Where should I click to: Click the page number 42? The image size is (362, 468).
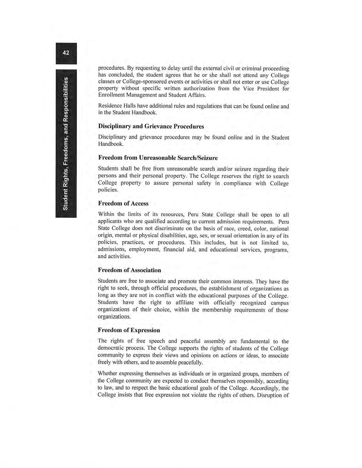point(66,53)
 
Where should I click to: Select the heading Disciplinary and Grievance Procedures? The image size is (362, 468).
point(151,126)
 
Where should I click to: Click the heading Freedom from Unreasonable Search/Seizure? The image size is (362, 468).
point(158,158)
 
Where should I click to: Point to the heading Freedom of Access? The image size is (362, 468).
point(123,203)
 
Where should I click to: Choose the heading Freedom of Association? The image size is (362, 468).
point(129,270)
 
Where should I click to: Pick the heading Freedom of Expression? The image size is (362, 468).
point(129,330)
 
